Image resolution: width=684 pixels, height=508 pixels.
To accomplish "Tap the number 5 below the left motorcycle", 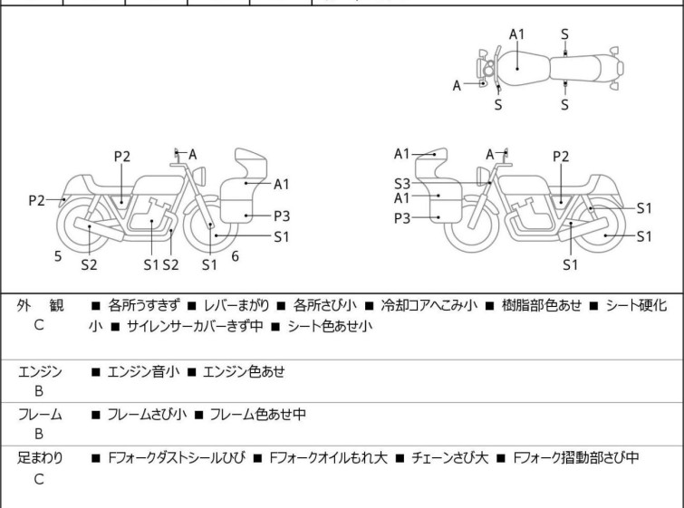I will pos(58,256).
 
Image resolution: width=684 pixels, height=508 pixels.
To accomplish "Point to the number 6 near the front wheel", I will pos(235,256).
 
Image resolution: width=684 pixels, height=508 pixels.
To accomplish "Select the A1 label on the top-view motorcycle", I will pos(516,34).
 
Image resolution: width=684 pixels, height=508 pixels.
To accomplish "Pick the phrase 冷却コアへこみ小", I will pos(428,306).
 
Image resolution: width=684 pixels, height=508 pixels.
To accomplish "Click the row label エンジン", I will pos(41,371).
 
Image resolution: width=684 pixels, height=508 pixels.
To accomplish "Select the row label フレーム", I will pos(41,415).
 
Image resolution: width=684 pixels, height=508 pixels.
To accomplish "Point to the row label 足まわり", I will pos(41,458).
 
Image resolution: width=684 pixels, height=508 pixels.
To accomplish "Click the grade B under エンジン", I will pos(39,391).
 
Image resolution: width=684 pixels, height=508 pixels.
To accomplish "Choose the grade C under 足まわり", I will pos(39,479).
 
